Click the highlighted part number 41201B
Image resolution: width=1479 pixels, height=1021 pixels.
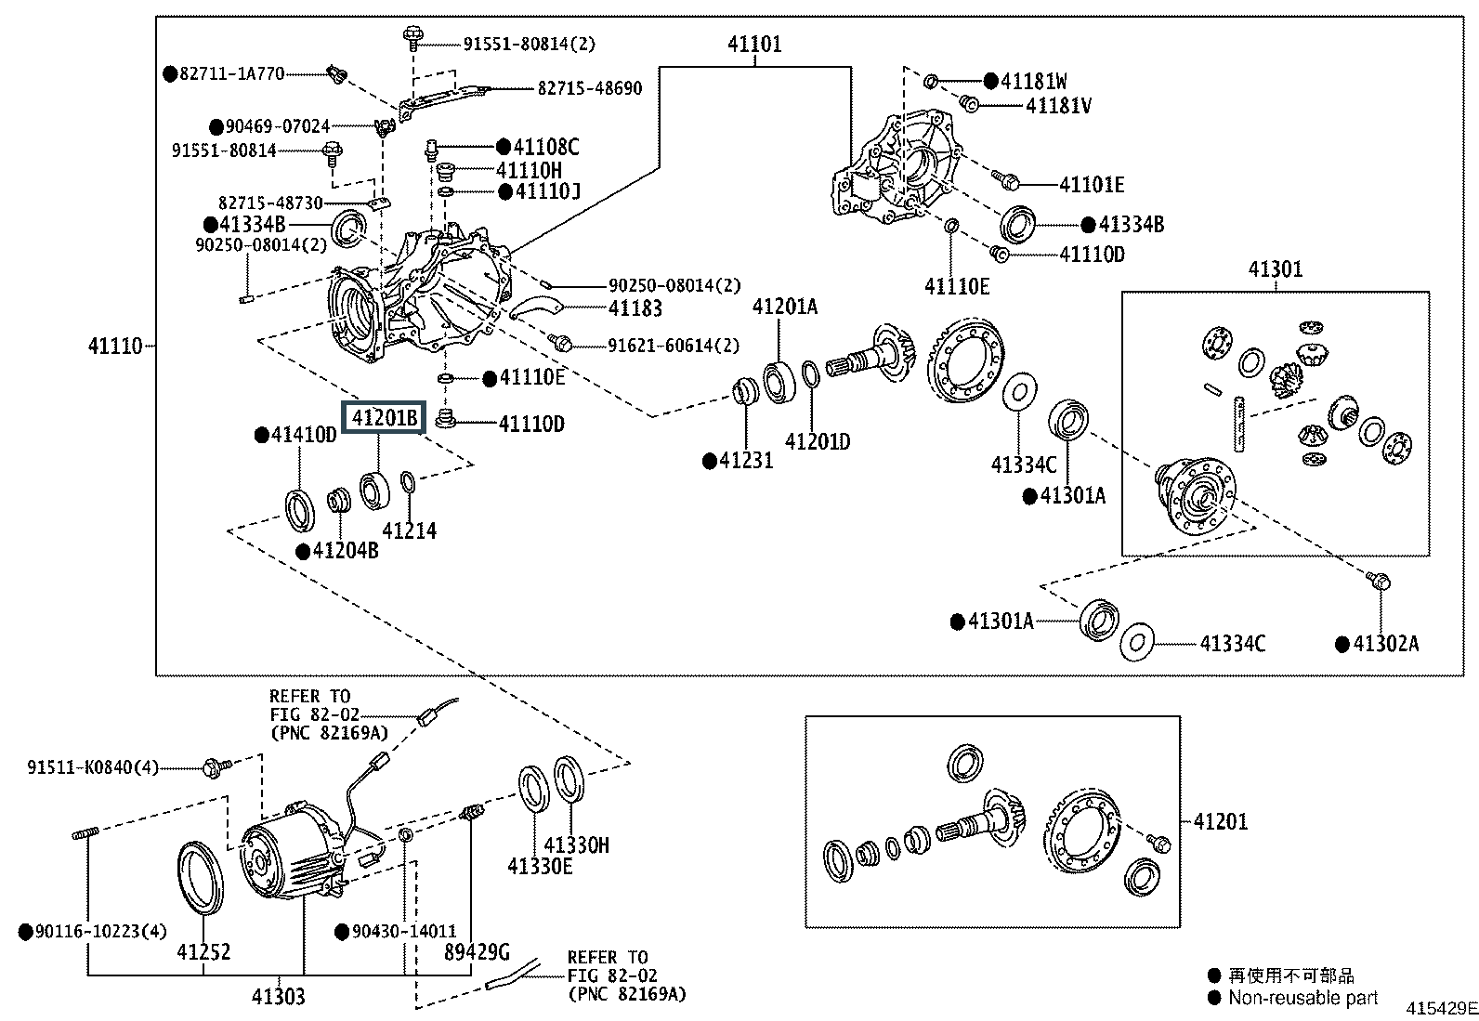point(384,419)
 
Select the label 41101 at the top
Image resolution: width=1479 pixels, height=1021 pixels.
point(753,44)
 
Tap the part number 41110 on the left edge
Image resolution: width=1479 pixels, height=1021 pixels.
point(115,347)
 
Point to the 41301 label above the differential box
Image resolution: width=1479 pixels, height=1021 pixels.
point(1275,269)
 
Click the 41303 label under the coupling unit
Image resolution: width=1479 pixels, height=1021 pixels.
point(278,997)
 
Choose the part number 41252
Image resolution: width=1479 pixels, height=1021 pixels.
point(203,951)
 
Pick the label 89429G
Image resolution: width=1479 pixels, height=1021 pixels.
point(477,951)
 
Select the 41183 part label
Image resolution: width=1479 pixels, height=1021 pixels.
point(635,309)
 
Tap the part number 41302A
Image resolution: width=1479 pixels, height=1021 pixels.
point(1385,644)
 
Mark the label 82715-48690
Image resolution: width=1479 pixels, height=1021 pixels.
point(590,88)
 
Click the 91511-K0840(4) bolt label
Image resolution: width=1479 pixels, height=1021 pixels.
point(93,767)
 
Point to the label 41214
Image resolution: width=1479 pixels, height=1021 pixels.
point(409,530)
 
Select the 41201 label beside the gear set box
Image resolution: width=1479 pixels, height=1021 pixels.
point(1220,821)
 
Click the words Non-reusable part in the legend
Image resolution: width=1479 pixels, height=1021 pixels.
point(1302,998)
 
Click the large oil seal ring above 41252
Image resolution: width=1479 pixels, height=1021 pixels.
point(200,877)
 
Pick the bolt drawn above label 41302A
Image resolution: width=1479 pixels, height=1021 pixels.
point(1379,582)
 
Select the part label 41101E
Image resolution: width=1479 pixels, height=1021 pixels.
point(1092,184)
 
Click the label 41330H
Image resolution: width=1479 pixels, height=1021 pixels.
point(576,844)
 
